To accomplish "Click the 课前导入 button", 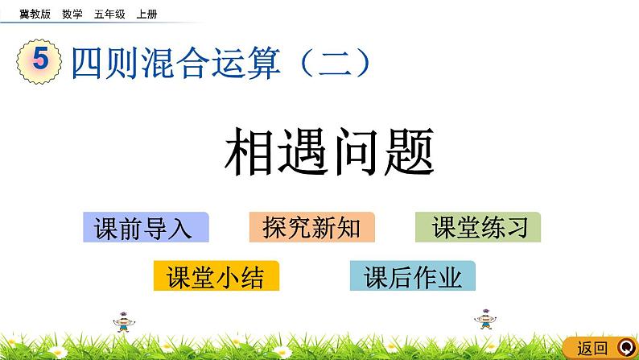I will (145, 228).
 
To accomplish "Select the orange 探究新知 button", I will (311, 228).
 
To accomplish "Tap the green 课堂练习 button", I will (478, 228).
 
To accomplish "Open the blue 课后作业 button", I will (413, 276).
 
